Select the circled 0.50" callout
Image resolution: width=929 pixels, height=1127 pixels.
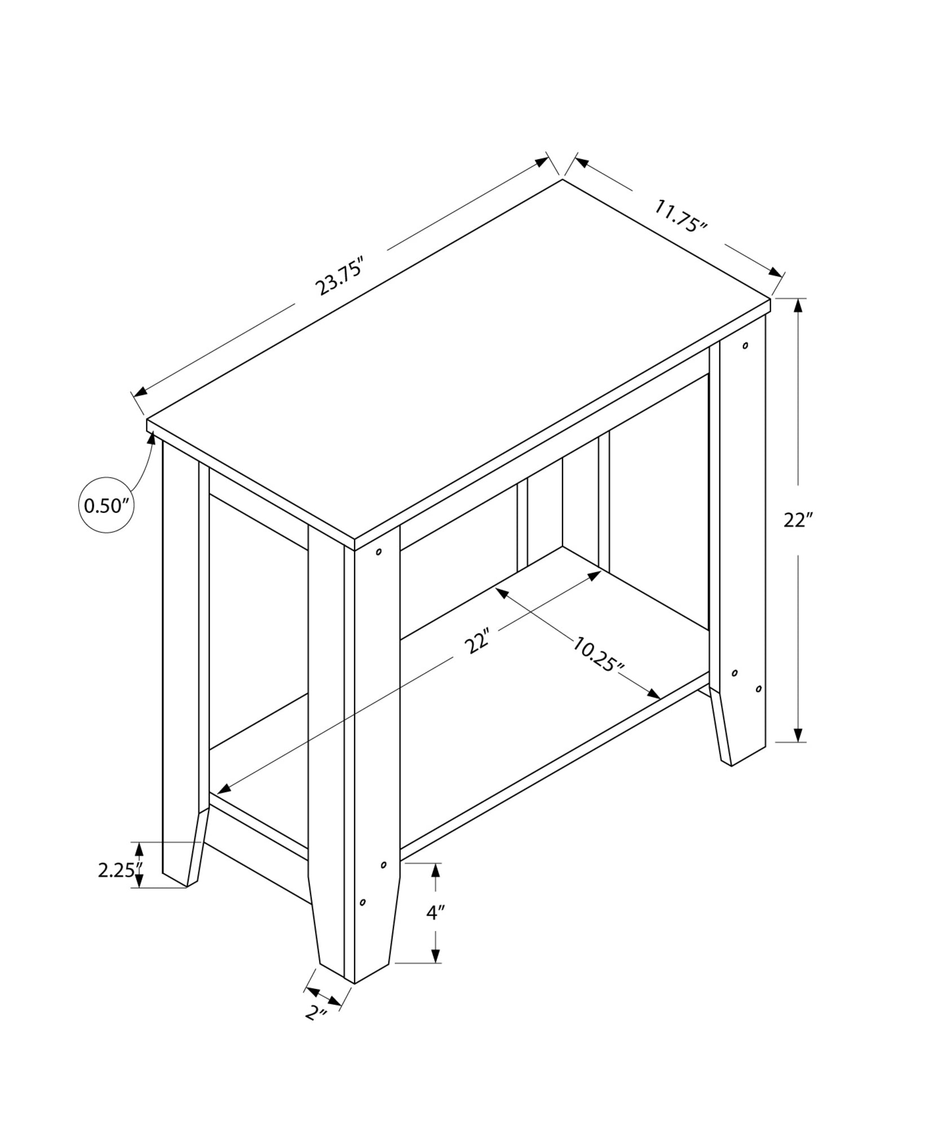(x=107, y=505)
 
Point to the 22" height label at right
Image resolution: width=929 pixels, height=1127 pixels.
(x=797, y=520)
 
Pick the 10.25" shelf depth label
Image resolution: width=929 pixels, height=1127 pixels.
(x=598, y=654)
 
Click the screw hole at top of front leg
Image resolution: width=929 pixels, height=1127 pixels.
(x=379, y=552)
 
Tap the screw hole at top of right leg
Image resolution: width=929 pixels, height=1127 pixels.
(x=745, y=345)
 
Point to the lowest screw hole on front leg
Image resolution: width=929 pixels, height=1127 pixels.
(x=362, y=918)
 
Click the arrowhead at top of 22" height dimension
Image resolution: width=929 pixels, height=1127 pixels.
(x=798, y=306)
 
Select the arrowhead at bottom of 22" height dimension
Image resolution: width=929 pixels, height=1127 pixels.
(x=798, y=734)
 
